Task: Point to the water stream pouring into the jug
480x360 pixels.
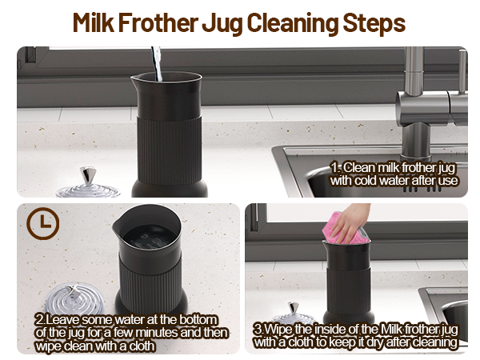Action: point(156,64)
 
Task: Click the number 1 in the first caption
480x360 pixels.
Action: point(336,168)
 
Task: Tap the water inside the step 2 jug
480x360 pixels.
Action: point(146,235)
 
